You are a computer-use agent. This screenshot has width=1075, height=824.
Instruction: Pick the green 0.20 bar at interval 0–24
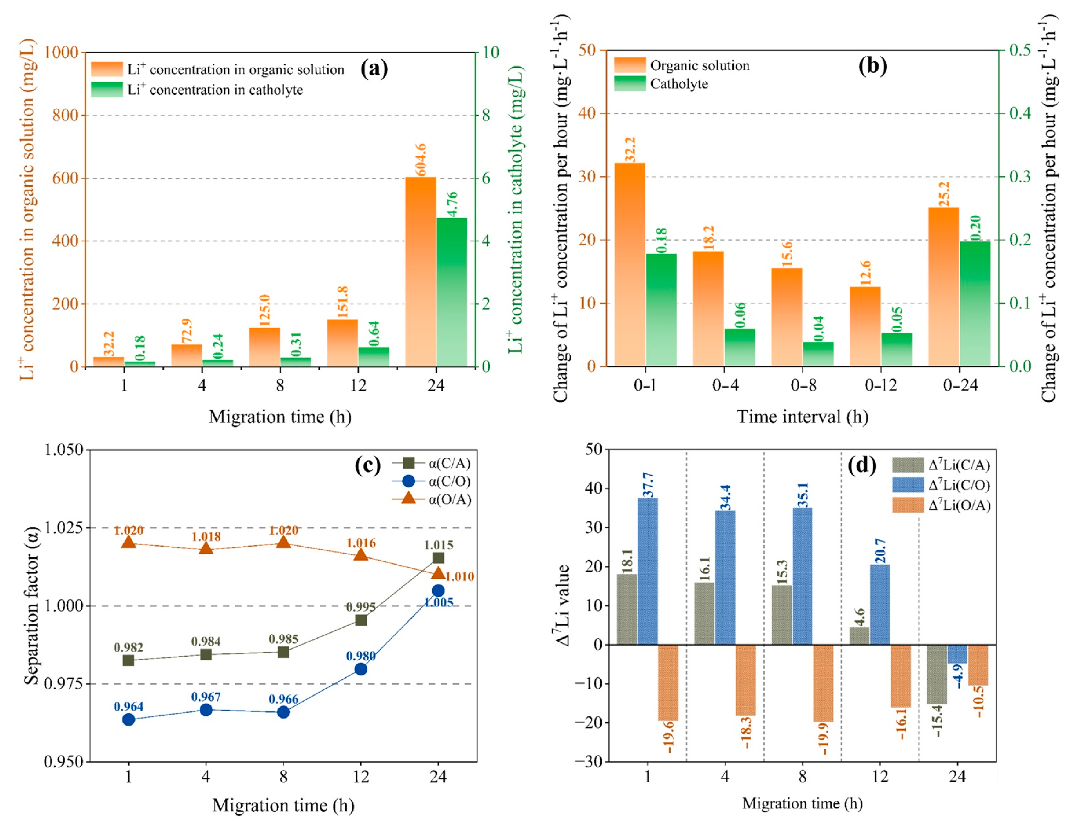975,304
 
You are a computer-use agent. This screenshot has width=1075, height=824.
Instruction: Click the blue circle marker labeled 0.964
128,720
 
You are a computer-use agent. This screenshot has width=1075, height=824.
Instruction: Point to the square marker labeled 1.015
438,558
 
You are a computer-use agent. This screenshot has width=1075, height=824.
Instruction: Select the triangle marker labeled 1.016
361,555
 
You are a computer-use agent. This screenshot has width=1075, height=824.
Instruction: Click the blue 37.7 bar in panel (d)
648,571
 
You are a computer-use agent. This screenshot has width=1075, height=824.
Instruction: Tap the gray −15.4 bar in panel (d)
936,674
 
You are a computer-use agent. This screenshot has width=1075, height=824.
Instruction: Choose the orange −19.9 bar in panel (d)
823,683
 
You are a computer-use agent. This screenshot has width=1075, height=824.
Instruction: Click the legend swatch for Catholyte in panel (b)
630,84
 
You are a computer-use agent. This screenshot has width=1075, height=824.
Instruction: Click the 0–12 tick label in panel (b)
880,385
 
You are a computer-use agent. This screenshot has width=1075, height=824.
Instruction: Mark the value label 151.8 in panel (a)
343,302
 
